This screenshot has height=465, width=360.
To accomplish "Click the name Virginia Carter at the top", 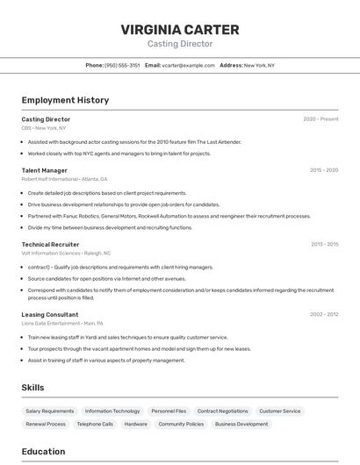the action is (x=179, y=30).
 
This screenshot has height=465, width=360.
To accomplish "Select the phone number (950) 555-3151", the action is (x=122, y=65).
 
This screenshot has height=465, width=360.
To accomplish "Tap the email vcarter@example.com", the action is (x=188, y=65).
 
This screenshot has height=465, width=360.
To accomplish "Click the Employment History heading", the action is (x=65, y=100).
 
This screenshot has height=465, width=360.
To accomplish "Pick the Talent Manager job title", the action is (x=44, y=170).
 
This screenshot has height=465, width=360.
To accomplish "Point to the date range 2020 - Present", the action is (x=320, y=119).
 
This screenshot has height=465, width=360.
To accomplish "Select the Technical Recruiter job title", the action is (x=50, y=244).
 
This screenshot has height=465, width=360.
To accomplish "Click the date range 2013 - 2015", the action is (x=324, y=244).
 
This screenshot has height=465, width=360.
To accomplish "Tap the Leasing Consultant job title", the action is (x=50, y=314).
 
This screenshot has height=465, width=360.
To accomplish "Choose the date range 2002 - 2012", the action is (x=324, y=314).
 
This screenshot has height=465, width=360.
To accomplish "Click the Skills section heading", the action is (x=33, y=387).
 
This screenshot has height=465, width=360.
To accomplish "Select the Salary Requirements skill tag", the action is (x=50, y=411).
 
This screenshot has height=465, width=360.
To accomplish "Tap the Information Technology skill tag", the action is (x=112, y=411).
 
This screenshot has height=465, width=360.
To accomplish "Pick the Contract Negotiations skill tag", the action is (x=222, y=411).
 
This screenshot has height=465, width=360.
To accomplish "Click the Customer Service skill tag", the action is (x=280, y=411).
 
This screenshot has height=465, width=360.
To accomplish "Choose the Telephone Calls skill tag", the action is (x=95, y=424).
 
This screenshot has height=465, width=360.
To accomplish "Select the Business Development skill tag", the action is (x=241, y=424).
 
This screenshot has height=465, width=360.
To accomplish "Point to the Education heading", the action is (x=43, y=452).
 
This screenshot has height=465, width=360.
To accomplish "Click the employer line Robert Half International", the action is (x=49, y=179).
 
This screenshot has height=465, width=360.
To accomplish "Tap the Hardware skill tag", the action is (x=135, y=424).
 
